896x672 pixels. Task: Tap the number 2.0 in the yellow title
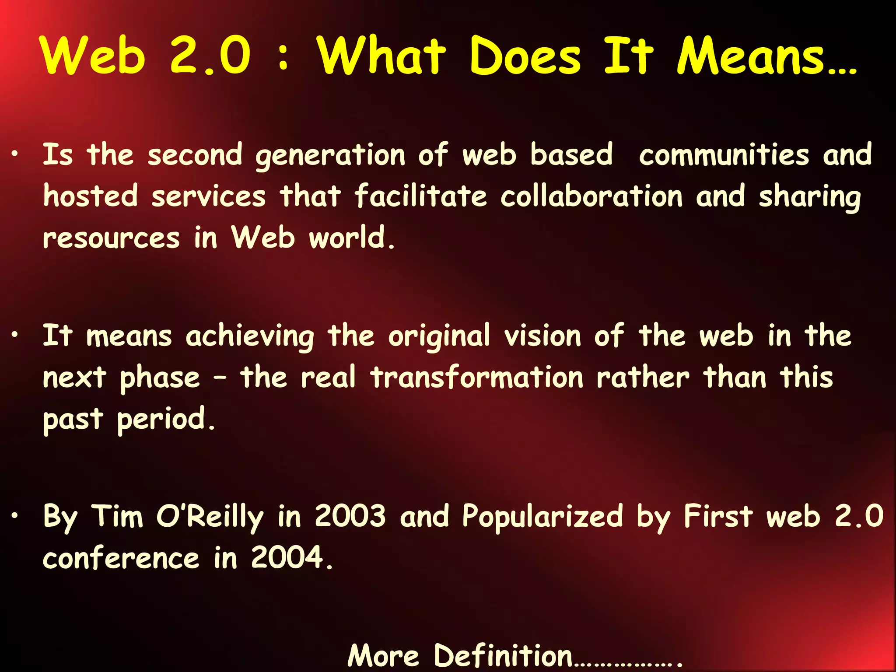210,56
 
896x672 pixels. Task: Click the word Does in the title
525,56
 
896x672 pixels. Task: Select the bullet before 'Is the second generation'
15,154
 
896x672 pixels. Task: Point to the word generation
331,156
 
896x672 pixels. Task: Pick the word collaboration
591,196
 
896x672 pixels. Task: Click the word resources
111,238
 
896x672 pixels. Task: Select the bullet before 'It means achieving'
15,335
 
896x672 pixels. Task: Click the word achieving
250,337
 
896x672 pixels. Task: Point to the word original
439,337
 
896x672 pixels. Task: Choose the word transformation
477,378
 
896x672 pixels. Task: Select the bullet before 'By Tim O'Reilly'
15,516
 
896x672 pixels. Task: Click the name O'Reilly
210,517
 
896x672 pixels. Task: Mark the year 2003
350,516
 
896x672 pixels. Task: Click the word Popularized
542,517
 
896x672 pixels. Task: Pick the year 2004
287,558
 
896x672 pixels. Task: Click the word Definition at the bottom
503,656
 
